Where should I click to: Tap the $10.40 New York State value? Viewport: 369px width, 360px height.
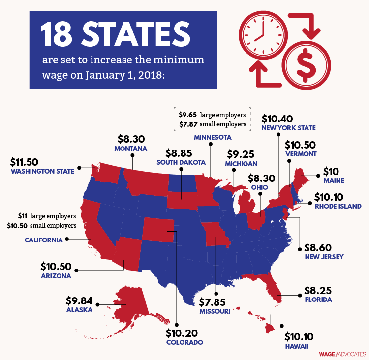278,119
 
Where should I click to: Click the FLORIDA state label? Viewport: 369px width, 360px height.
318,299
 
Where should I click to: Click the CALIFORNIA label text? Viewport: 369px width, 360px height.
44,240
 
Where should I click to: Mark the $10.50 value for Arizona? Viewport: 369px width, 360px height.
56,267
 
